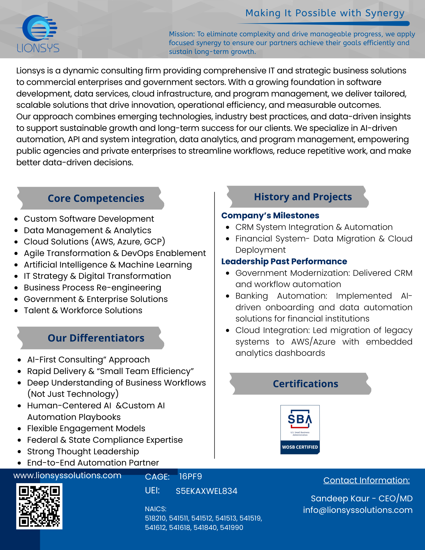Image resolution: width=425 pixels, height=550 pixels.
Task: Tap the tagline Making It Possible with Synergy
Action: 325,13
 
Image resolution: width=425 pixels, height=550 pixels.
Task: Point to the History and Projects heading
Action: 303,197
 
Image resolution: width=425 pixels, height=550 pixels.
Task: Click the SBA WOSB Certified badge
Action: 300,429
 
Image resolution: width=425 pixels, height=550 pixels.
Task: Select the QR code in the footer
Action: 39,506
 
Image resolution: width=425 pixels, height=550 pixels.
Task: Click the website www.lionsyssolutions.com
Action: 67,475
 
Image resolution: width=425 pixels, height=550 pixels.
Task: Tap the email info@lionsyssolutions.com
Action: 358,510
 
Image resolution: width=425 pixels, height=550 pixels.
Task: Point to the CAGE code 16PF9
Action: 190,477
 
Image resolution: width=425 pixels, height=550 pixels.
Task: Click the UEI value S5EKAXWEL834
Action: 206,491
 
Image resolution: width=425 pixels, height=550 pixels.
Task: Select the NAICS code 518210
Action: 155,518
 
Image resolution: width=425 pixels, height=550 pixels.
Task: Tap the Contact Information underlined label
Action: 366,480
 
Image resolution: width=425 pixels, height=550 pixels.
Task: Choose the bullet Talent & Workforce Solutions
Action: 83,310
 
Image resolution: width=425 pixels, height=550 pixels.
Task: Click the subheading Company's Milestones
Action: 270,216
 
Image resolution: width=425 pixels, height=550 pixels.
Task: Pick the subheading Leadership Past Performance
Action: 284,261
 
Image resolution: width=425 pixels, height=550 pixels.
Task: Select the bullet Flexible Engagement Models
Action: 86,428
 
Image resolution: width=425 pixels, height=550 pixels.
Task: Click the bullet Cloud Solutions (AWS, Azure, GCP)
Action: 94,241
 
